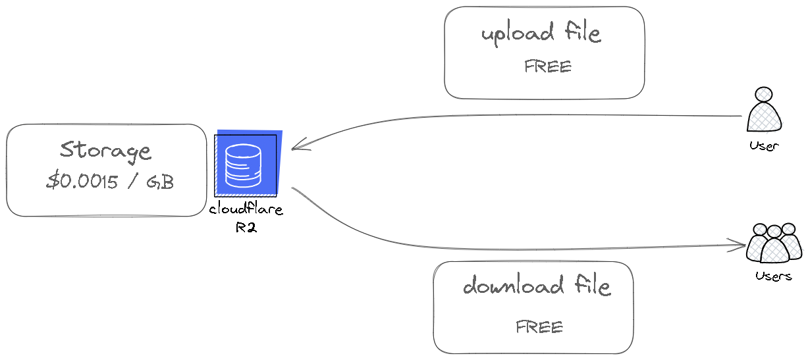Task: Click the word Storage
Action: coord(105,151)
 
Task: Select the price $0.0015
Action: coord(82,181)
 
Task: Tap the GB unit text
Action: coord(160,182)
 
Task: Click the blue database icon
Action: coord(248,164)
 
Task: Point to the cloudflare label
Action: coord(246,209)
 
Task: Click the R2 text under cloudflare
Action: coord(246,228)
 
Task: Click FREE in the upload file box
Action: coord(548,66)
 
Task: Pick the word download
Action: coord(513,285)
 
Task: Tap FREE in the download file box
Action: coord(539,327)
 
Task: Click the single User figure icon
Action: coord(764,109)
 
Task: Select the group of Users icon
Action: coord(774,243)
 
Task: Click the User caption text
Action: coord(764,146)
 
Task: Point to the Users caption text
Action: coord(773,276)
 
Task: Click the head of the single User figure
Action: coord(764,94)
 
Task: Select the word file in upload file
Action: coord(583,32)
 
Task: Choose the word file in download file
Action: coord(592,285)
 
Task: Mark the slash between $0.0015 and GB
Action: coord(132,182)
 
